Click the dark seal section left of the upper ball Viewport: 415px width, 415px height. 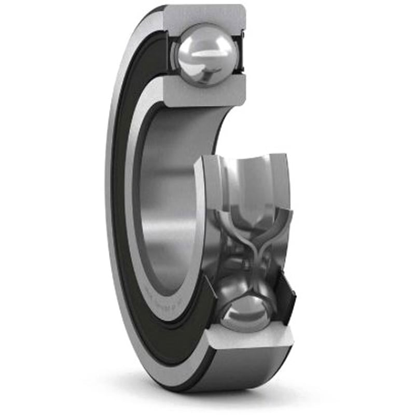click(172, 52)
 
